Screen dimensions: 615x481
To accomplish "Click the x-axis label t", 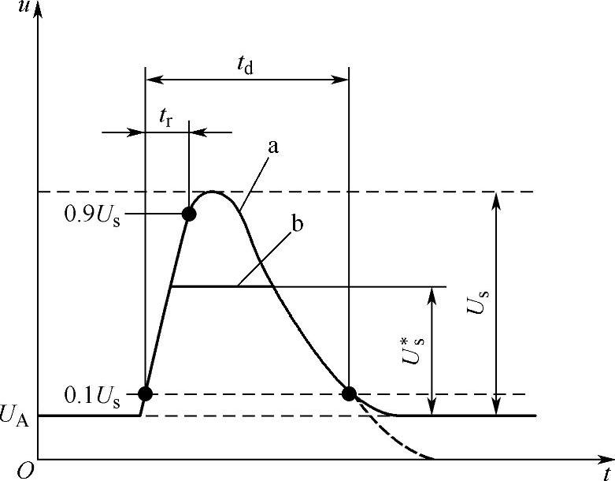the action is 607,472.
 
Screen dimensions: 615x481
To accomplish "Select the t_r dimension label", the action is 166,119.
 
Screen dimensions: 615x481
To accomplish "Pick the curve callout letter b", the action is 298,223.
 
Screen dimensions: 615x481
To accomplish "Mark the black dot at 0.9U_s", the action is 189,214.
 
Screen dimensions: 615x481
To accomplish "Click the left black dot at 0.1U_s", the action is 145,393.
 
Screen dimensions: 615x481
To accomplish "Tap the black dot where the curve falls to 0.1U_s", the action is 350,393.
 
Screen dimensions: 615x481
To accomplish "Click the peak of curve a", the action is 212,192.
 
